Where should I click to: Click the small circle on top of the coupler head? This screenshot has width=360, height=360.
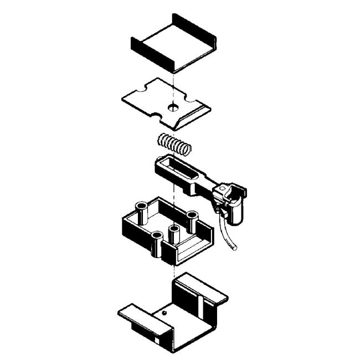(x=223, y=189)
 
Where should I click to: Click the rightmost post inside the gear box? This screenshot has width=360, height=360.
(x=192, y=218)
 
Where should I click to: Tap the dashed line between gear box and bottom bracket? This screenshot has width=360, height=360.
(x=174, y=270)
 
